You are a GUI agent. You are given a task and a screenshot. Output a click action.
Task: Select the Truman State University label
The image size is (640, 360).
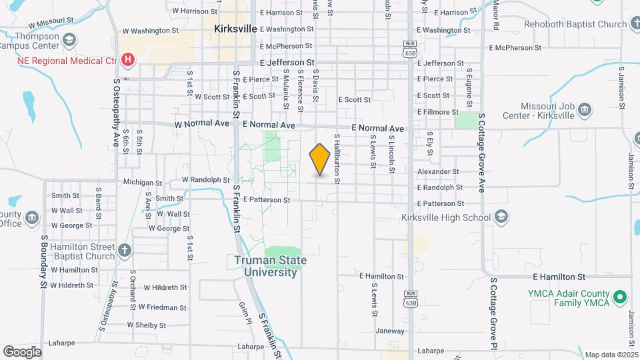pyautogui.click(x=270, y=266)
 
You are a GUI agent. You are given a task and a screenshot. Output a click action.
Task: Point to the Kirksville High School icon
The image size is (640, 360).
pyautogui.click(x=501, y=217)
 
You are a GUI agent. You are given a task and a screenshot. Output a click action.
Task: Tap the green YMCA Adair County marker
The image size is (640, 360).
pyautogui.click(x=620, y=296)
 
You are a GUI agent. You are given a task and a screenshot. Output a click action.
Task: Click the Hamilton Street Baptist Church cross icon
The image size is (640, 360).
pyautogui.click(x=124, y=251)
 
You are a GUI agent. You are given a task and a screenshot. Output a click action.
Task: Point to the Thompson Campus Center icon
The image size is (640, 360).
pyautogui.click(x=68, y=41)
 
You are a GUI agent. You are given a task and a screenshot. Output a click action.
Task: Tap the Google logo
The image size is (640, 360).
pyautogui.click(x=22, y=352)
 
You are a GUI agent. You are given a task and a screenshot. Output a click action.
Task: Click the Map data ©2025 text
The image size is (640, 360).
pyautogui.click(x=610, y=355)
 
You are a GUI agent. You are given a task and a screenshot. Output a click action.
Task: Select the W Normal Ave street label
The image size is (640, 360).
pyautogui.click(x=198, y=125)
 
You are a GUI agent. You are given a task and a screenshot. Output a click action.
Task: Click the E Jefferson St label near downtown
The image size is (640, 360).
pyautogui.click(x=286, y=63)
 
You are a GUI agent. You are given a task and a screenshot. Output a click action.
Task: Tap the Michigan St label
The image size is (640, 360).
pyautogui.click(x=143, y=182)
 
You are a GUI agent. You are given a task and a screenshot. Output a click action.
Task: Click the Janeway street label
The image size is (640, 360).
pyautogui.click(x=390, y=331)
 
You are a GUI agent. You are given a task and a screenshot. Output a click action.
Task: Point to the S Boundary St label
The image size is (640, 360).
pyautogui.click(x=43, y=261)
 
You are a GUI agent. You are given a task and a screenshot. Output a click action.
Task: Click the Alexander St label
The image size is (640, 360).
pyautogui.click(x=438, y=171)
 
